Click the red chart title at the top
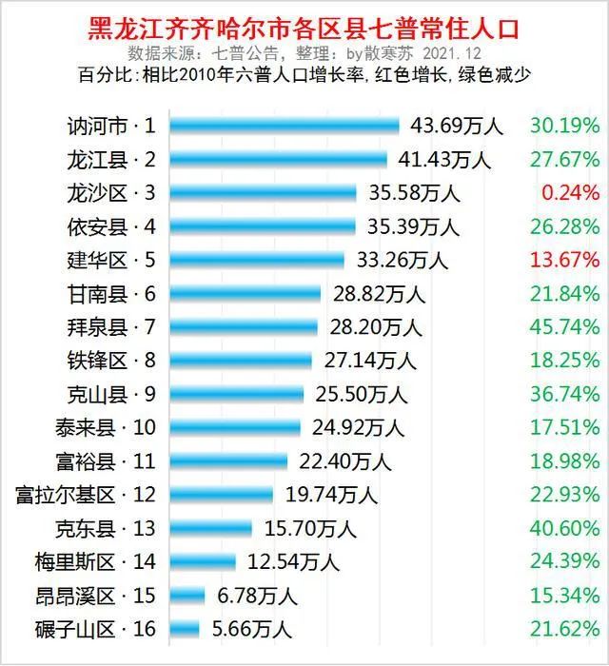point(304,26)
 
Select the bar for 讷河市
point(286,126)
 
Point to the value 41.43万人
point(451,159)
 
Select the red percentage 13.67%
point(565,260)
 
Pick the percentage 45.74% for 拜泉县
point(565,326)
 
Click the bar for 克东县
point(213,528)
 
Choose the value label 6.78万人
point(258,596)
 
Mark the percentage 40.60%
point(565,528)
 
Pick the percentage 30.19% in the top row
point(565,126)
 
